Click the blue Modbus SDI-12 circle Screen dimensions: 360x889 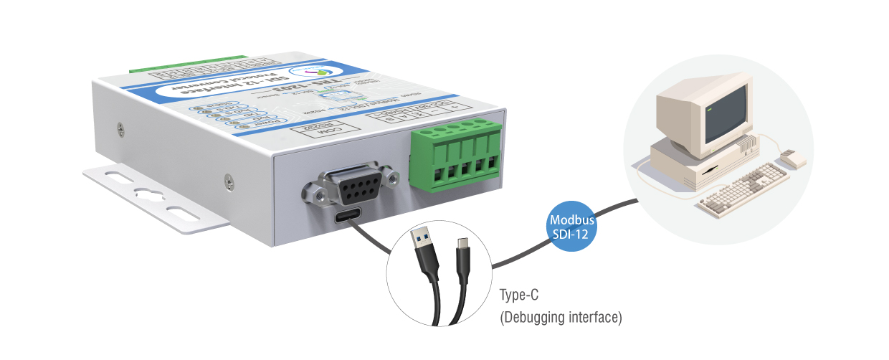[571, 224]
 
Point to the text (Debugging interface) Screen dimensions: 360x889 [560, 316]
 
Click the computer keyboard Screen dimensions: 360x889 [742, 187]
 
